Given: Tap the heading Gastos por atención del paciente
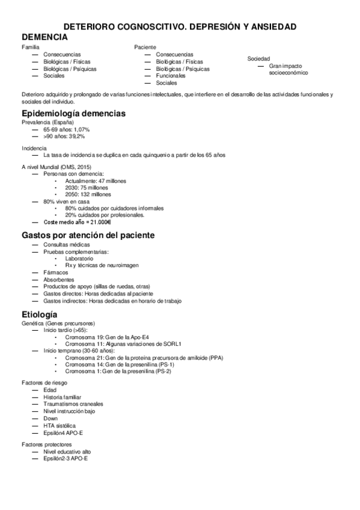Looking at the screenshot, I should tap(88, 235).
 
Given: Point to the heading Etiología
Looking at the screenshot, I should tap(40, 315).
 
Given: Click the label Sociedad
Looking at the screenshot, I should tap(258, 58).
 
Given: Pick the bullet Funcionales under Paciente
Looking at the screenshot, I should tap(171, 76).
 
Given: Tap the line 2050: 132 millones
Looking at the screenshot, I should tap(88, 195).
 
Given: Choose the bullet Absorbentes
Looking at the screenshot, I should tap(59, 280).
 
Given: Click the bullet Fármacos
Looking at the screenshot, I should tap(56, 272).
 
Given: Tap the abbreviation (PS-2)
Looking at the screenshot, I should tap(162, 372).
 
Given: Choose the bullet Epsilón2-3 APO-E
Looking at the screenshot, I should tap(66, 458).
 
